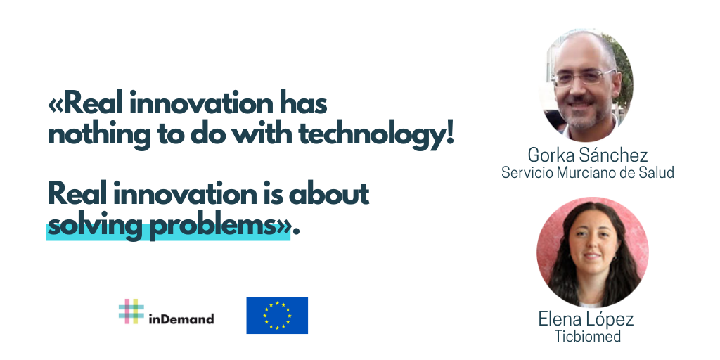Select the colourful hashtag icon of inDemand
tap(131, 311)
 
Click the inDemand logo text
tap(181, 319)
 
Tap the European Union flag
tap(277, 315)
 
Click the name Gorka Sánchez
tap(588, 155)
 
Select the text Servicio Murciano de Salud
tap(587, 172)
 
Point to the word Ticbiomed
tap(588, 336)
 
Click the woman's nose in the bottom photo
tap(591, 247)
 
